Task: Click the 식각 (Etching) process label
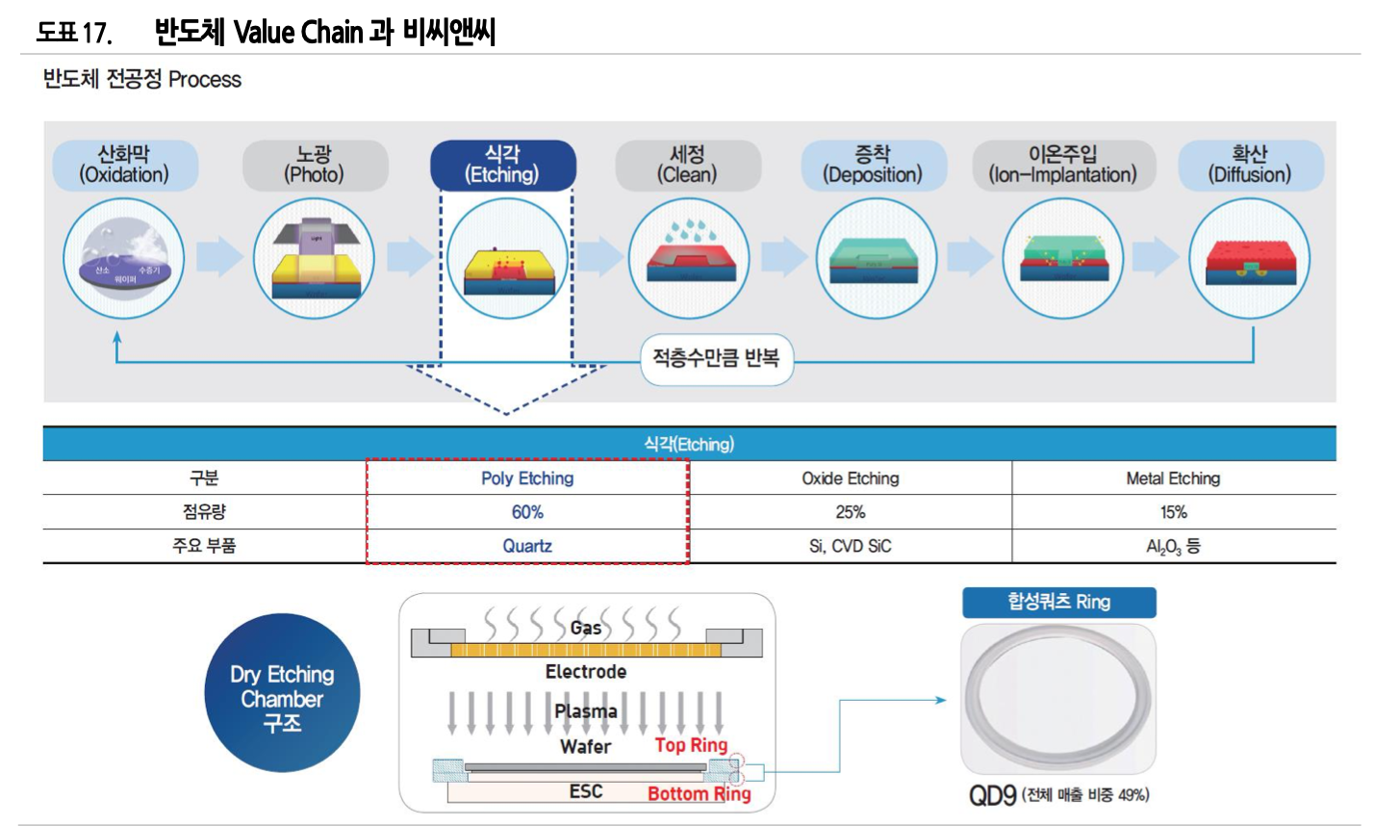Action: [x=502, y=165]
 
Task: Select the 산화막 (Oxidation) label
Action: [x=124, y=165]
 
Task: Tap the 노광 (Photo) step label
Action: [x=314, y=165]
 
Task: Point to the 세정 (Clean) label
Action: [x=687, y=165]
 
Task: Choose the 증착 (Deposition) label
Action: [x=872, y=165]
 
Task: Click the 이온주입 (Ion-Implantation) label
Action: [x=1063, y=165]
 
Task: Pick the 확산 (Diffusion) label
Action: [x=1250, y=165]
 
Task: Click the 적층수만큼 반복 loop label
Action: [x=716, y=358]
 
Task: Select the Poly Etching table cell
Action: [x=527, y=478]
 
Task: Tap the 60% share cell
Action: [x=527, y=512]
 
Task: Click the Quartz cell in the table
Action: [x=527, y=546]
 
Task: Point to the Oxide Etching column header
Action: [x=851, y=478]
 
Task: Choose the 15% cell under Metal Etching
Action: [x=1173, y=512]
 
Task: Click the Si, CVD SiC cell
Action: [x=851, y=546]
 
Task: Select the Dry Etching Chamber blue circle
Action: [x=282, y=693]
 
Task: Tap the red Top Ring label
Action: [x=691, y=744]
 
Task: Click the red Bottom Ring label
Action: [x=699, y=793]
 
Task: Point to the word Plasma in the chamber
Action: [x=586, y=711]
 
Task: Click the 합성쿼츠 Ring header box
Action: [x=1058, y=603]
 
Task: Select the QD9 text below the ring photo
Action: [x=993, y=795]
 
